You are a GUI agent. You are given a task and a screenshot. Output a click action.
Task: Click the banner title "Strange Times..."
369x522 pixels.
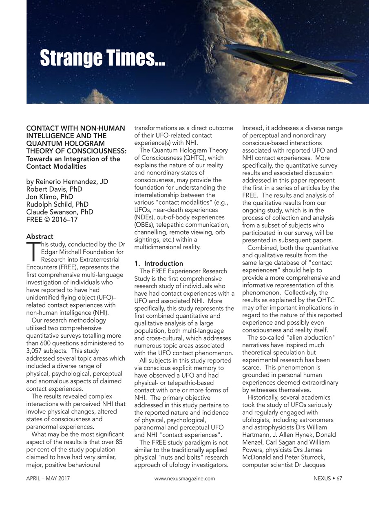point(102,58)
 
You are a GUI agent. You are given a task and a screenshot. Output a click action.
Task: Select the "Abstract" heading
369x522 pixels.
point(40,237)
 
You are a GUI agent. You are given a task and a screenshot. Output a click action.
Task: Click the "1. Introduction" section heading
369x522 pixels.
point(159,263)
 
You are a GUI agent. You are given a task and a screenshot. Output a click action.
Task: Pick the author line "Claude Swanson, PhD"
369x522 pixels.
point(60,212)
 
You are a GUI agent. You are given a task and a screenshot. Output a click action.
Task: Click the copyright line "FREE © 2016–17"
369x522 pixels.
point(52,220)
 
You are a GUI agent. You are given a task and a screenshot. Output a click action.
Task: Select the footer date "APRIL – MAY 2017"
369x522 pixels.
point(48,478)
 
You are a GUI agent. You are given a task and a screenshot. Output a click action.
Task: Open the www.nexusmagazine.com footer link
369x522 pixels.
point(184,478)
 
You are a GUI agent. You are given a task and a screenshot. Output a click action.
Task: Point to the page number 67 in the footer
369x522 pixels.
point(339,478)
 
